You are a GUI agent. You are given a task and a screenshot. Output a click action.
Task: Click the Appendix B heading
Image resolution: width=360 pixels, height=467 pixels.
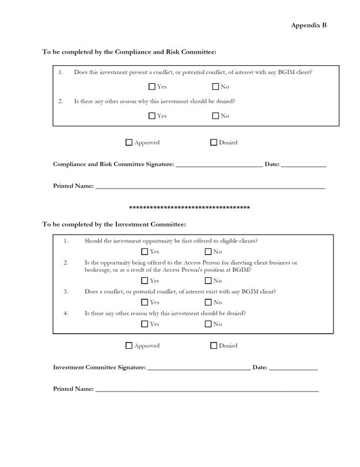pyautogui.click(x=309, y=25)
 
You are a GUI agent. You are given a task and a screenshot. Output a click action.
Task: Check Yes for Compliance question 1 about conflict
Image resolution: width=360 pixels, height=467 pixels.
pyautogui.click(x=152, y=87)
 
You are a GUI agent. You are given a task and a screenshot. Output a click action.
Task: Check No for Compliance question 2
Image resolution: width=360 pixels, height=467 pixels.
pyautogui.click(x=215, y=116)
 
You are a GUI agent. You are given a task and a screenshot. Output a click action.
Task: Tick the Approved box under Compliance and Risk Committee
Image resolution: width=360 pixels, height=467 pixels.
pyautogui.click(x=129, y=142)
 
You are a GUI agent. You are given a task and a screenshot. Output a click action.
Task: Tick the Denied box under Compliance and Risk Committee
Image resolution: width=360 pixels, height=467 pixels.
pyautogui.click(x=214, y=142)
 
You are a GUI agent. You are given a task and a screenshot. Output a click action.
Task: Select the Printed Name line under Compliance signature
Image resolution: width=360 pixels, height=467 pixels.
pyautogui.click(x=210, y=187)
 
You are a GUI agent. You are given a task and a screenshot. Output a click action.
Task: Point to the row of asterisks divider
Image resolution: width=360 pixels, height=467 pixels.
pyautogui.click(x=189, y=207)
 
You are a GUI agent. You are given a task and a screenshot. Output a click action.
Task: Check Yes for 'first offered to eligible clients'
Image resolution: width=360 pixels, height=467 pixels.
pyautogui.click(x=145, y=252)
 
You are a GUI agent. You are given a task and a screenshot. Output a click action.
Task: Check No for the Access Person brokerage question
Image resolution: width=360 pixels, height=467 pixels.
pyautogui.click(x=209, y=281)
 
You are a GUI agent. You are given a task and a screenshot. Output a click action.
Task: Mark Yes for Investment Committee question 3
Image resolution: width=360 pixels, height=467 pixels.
pyautogui.click(x=145, y=302)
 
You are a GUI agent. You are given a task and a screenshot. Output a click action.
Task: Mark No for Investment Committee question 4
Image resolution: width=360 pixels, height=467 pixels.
pyautogui.click(x=209, y=324)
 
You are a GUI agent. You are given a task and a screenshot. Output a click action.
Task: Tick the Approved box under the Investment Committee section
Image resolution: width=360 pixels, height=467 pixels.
pyautogui.click(x=129, y=346)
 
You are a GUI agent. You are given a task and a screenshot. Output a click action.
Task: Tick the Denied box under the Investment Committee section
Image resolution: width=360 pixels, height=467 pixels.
pyautogui.click(x=214, y=346)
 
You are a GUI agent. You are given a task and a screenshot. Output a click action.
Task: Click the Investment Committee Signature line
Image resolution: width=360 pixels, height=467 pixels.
pyautogui.click(x=199, y=368)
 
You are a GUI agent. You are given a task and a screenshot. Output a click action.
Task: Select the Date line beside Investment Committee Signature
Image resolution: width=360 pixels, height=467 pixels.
pyautogui.click(x=293, y=368)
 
